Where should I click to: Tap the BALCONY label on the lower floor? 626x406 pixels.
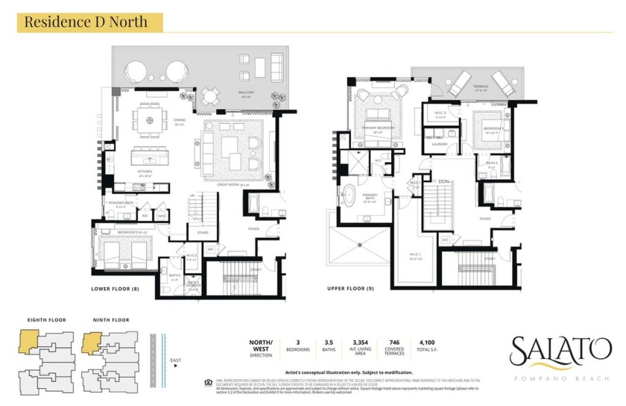coord(247,93)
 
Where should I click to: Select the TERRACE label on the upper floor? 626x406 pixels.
coord(480,87)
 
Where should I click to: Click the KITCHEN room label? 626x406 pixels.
coord(145,172)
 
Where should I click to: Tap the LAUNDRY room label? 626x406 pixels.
coord(439,144)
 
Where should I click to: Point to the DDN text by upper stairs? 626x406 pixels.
coord(443,181)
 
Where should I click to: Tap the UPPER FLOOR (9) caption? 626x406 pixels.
coord(350,288)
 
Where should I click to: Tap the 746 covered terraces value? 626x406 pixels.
coord(396,342)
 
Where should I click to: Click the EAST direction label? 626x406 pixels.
coord(176,361)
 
